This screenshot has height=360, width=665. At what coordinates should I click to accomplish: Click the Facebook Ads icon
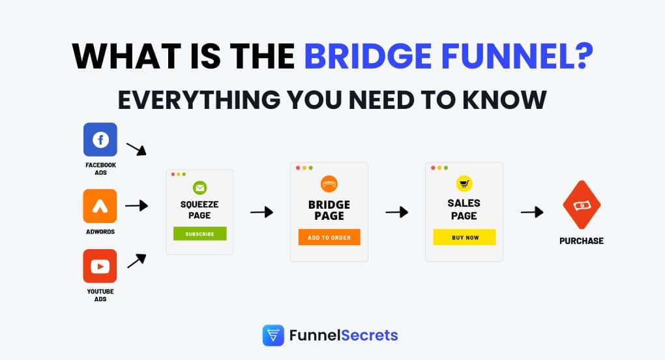pos(100,140)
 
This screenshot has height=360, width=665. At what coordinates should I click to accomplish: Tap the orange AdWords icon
pos(100,206)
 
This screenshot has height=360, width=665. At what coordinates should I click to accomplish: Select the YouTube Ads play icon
pos(100,266)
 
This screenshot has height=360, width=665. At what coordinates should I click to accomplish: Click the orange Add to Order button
pos(329,237)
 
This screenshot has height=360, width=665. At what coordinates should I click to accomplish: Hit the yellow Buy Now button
pos(464,237)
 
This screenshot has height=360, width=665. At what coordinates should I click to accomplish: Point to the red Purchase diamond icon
pos(581,205)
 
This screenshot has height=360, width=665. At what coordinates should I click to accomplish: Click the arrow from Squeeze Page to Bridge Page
pos(261,212)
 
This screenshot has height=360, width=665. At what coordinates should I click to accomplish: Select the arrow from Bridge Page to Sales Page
pos(396,212)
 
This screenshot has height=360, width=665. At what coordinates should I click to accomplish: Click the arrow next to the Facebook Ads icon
pos(136,149)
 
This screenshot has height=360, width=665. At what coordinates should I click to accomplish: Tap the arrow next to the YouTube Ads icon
pos(136,261)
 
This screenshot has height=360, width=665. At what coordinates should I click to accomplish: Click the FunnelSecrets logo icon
pos(273,336)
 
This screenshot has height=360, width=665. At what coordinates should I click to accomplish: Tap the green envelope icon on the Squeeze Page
pos(199,188)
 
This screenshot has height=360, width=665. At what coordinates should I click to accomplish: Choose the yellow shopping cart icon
pos(464,183)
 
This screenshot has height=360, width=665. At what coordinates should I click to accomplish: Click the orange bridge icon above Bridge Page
pos(329,183)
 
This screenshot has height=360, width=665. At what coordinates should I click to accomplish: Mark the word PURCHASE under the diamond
pos(582,241)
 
